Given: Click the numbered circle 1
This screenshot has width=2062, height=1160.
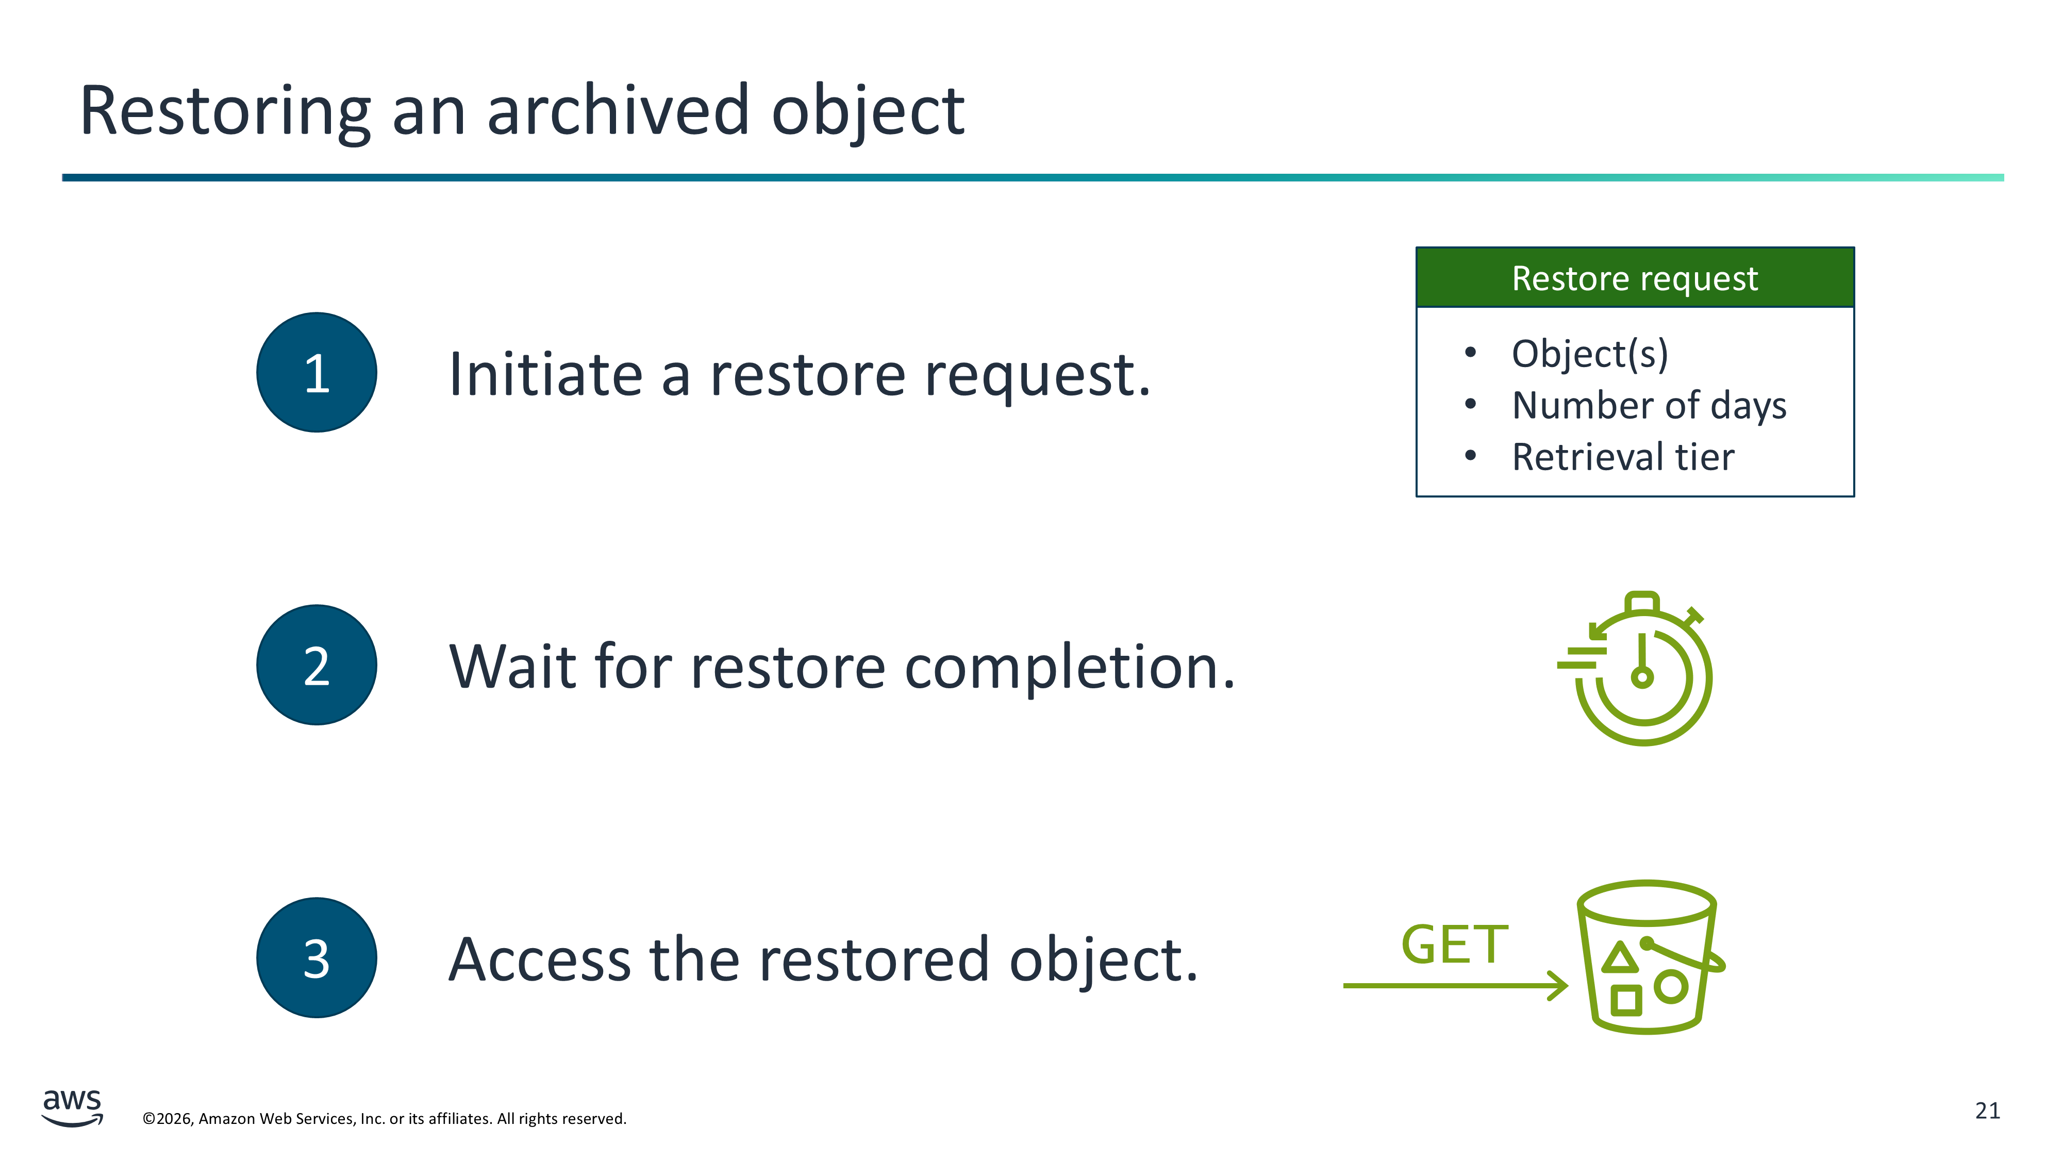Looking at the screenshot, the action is click(x=317, y=372).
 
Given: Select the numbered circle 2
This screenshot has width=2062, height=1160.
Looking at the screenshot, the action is click(x=317, y=665).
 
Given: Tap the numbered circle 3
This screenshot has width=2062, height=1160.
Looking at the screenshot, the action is click(x=317, y=957).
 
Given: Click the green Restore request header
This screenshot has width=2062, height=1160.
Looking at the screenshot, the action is click(x=1635, y=278).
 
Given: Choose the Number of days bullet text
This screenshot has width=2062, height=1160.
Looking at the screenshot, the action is click(x=1649, y=406).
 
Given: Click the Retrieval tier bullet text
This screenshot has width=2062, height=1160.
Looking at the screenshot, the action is click(x=1623, y=457).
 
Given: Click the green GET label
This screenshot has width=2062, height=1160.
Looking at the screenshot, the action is click(x=1454, y=944).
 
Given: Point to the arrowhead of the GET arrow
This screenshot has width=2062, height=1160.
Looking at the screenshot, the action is click(x=1567, y=985).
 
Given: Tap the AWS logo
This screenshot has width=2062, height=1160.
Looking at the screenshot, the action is click(x=72, y=1108).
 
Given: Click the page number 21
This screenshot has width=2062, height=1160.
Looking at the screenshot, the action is click(x=1988, y=1111).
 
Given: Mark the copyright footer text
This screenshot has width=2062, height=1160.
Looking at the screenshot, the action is click(x=384, y=1118).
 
